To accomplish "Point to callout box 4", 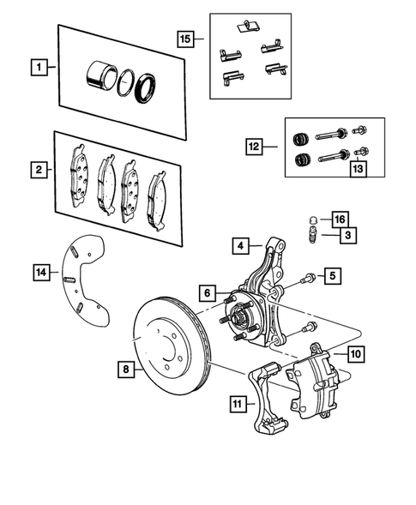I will coord(242,247).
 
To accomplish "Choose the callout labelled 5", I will coord(333,276).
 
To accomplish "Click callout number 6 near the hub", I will coord(207,292).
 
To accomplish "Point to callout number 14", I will coord(41,274).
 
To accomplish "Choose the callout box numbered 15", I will coord(186,39).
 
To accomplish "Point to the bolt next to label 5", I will coord(309,278).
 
